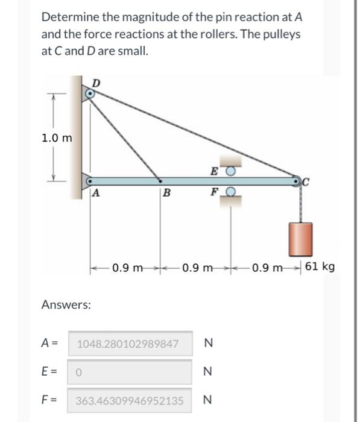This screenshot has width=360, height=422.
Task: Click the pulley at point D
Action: tap(90, 93)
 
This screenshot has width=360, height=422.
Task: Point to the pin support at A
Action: tap(89, 180)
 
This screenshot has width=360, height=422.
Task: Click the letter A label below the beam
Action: tap(96, 194)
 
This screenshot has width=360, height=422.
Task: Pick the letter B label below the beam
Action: tap(167, 194)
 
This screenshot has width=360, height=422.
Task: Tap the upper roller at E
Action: tap(230, 171)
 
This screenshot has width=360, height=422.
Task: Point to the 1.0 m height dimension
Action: tap(57, 137)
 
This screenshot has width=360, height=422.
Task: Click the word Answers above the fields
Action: tap(66, 305)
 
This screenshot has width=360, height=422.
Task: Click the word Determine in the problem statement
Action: tap(69, 16)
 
